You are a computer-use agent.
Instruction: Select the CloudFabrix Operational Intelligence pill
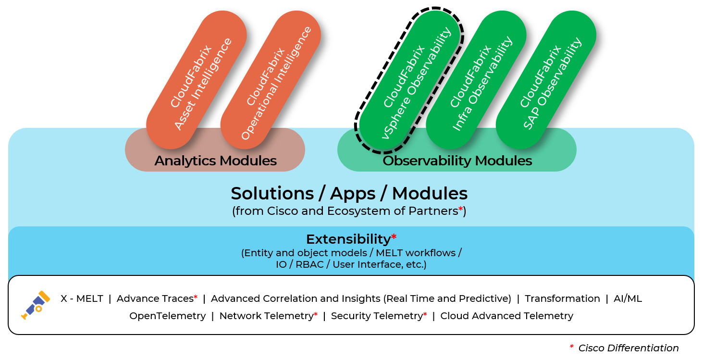coord(271,80)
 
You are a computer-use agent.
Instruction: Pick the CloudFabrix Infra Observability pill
coord(476,80)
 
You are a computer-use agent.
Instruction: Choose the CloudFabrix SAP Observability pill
coord(546,80)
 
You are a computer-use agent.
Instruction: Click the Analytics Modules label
coord(215,161)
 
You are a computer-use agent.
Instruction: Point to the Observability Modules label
coord(457,161)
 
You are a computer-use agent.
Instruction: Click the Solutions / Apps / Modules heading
coord(349,193)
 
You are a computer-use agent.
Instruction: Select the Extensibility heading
coord(348,239)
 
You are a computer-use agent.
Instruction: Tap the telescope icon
coord(36,305)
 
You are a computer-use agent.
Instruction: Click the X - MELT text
coord(82,298)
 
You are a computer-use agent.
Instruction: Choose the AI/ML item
coord(628,298)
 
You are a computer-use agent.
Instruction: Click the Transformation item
coord(562,298)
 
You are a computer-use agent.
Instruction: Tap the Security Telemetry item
coord(376,316)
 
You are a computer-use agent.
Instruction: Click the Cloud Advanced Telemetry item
coord(506,316)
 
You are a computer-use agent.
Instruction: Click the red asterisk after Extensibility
coord(394,236)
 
